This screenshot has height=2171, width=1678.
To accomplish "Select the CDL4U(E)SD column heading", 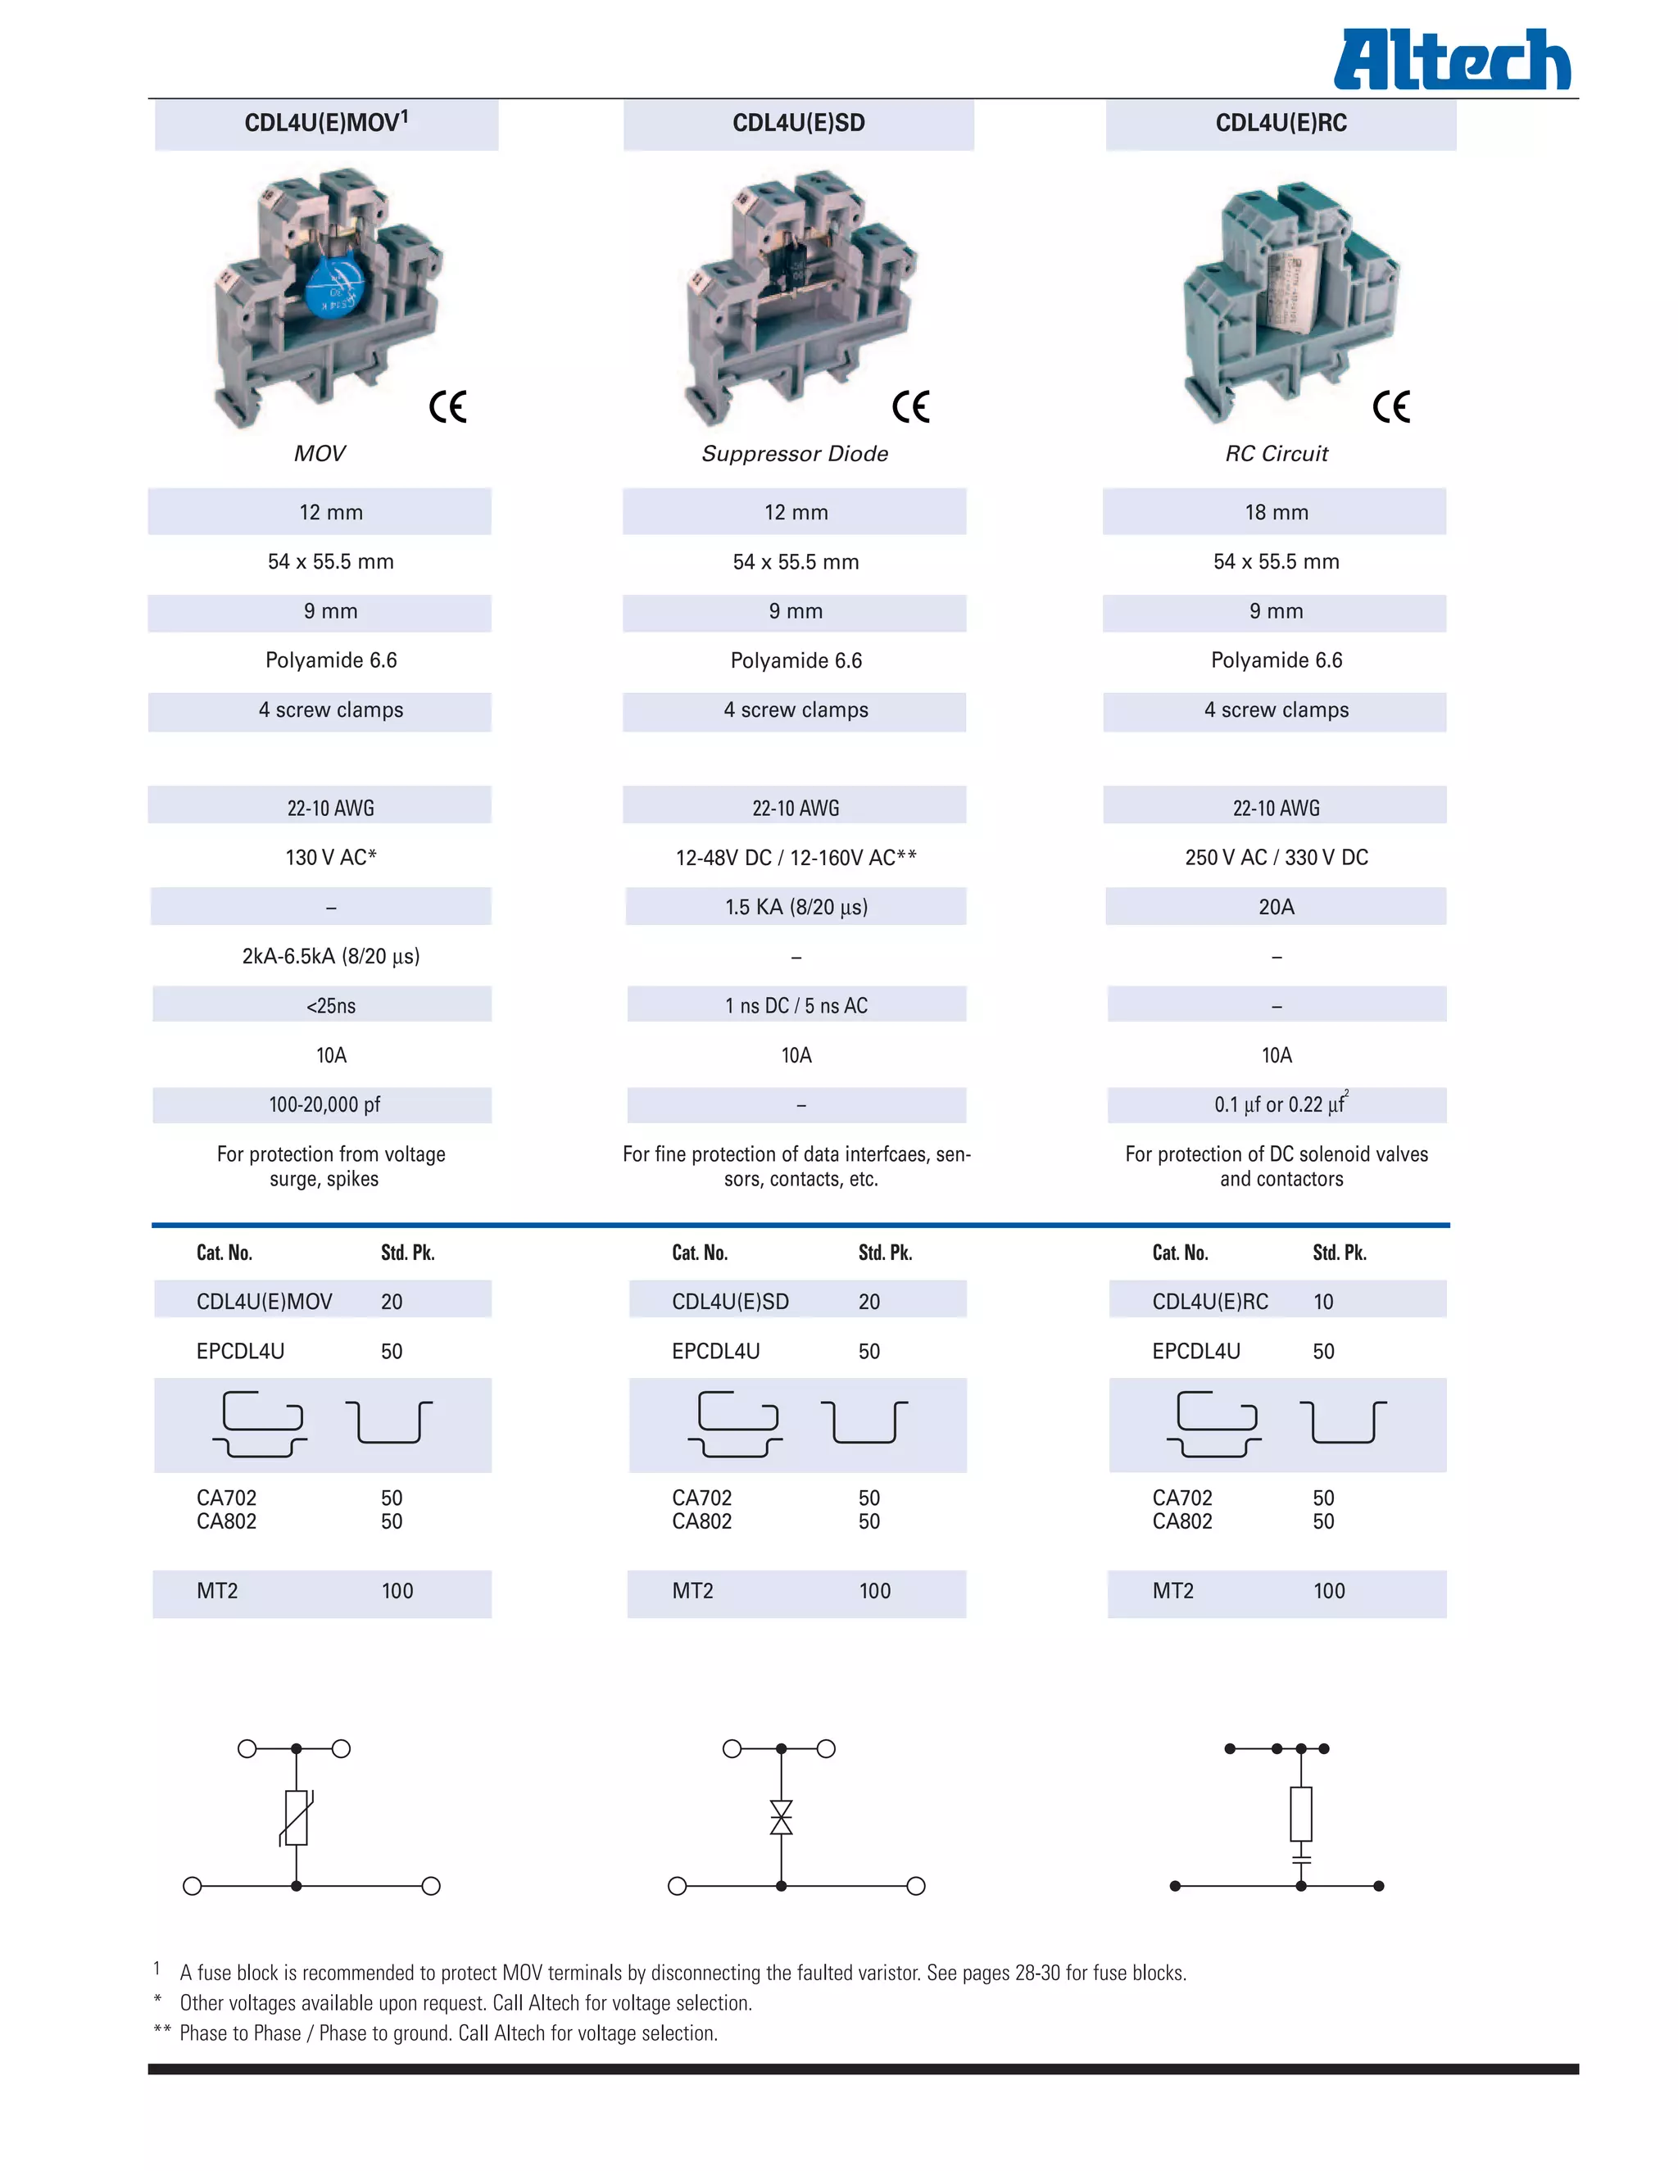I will (798, 123).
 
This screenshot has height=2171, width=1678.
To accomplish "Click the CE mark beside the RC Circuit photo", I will (1390, 406).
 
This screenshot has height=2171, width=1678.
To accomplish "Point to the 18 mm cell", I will (1277, 512).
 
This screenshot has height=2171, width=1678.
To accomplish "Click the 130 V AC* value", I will (331, 857).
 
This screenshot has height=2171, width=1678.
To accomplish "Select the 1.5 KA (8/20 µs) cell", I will (796, 907).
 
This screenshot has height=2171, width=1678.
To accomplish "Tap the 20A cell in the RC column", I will (1277, 907).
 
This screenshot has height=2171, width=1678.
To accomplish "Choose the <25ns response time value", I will (331, 1006).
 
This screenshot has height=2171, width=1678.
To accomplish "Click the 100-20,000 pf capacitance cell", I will (324, 1104).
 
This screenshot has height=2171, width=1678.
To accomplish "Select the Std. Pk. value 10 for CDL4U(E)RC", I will (1323, 1301).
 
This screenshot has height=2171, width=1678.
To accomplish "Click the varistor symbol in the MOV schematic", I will (297, 1818).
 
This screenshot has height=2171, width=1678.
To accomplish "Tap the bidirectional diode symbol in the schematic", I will (782, 1817).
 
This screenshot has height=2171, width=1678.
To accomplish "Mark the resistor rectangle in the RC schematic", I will (1300, 1813).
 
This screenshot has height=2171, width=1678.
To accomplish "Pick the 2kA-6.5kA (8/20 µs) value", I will (331, 956).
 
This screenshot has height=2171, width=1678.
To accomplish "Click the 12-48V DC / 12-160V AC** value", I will (796, 857).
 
